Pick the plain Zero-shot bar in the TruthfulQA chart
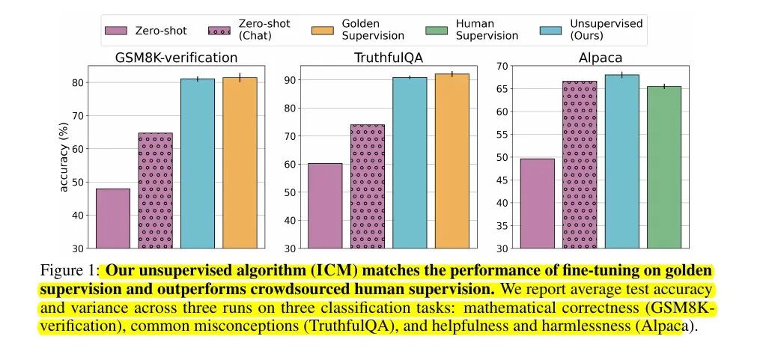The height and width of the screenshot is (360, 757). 325,205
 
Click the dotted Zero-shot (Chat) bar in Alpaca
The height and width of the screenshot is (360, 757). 580,164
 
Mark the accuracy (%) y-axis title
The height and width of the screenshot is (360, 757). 64,156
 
